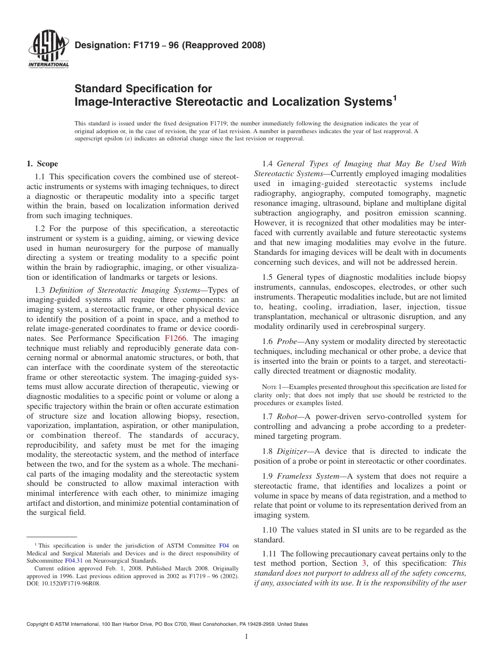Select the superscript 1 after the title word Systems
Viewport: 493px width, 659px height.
click(394, 97)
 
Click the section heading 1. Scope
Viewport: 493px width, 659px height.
click(43, 164)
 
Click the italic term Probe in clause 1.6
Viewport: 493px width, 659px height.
click(286, 341)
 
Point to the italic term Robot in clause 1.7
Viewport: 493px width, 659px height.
click(286, 416)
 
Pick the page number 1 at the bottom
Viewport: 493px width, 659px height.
click(246, 637)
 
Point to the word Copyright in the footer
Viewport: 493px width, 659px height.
click(38, 624)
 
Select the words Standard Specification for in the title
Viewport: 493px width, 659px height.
click(143, 89)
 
